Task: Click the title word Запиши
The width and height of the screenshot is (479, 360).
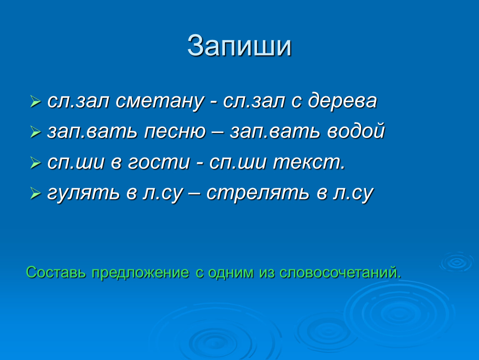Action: click(x=239, y=46)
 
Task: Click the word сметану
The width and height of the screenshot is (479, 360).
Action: click(x=160, y=102)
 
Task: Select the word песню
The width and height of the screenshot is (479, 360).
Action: click(x=175, y=131)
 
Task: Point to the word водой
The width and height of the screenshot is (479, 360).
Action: click(x=356, y=131)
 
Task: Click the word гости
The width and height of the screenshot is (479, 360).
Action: click(x=159, y=162)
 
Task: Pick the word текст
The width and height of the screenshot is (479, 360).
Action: click(x=309, y=162)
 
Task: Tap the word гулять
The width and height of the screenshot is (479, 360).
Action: click(x=83, y=194)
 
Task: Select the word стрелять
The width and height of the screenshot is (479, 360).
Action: click(x=257, y=194)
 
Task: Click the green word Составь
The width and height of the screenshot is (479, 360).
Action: click(x=56, y=272)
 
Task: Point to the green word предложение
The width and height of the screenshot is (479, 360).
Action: click(x=140, y=273)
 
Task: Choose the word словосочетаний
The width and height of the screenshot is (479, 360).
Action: click(x=340, y=272)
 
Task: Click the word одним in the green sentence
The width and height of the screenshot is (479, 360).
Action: click(x=231, y=273)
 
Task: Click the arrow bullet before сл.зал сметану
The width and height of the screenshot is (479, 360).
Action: click(x=35, y=102)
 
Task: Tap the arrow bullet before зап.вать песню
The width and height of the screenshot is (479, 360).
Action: click(x=35, y=132)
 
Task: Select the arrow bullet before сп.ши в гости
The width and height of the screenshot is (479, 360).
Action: click(x=35, y=162)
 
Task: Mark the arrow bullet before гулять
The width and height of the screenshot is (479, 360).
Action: click(x=35, y=193)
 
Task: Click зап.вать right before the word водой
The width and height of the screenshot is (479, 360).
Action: click(x=275, y=131)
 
